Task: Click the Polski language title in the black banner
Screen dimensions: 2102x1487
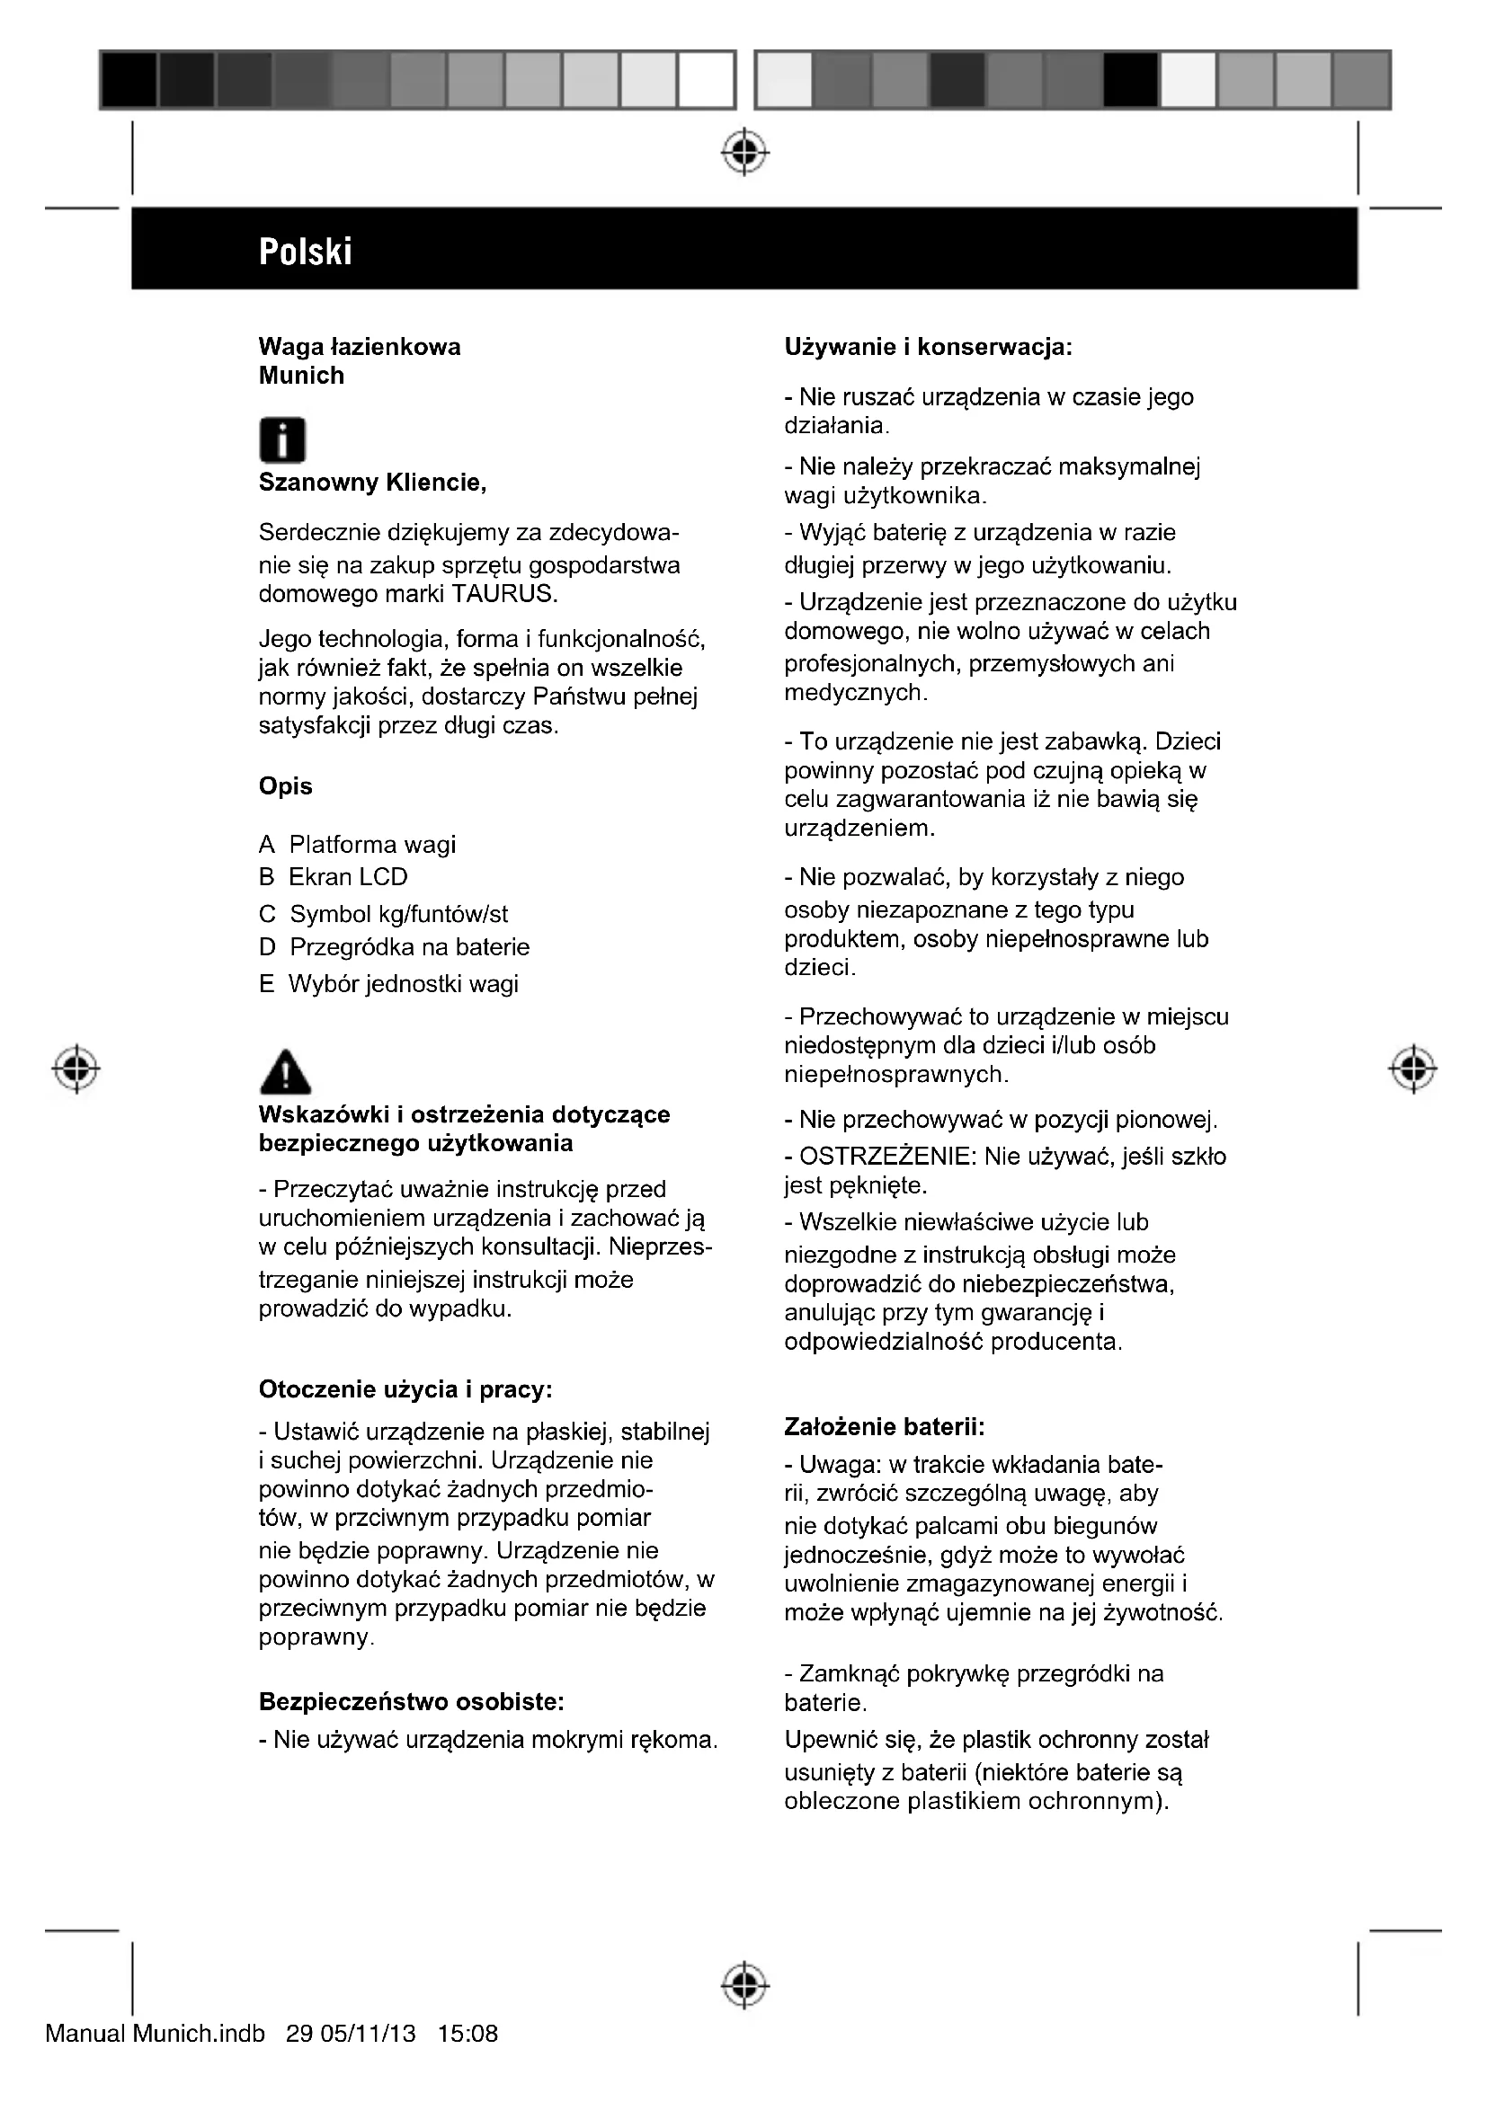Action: pyautogui.click(x=305, y=251)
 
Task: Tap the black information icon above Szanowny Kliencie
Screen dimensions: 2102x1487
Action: pyautogui.click(x=282, y=440)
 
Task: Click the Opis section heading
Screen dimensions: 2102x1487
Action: pyautogui.click(x=286, y=786)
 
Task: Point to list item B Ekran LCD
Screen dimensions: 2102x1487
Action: pyautogui.click(x=334, y=877)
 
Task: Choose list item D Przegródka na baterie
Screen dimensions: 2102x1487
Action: pyautogui.click(x=395, y=946)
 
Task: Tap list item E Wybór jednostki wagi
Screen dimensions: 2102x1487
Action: pyautogui.click(x=389, y=984)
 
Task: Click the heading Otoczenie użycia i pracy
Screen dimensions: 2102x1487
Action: pyautogui.click(x=405, y=1389)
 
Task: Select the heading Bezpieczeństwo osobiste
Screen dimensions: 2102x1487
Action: pyautogui.click(x=411, y=1702)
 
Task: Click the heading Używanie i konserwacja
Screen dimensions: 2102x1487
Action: pyautogui.click(x=929, y=347)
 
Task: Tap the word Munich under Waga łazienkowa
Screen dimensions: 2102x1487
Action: pyautogui.click(x=301, y=376)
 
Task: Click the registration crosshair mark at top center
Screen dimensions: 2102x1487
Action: pyautogui.click(x=744, y=152)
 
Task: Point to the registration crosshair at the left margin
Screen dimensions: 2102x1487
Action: pyautogui.click(x=77, y=1068)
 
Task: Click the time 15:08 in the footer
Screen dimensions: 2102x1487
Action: pyautogui.click(x=467, y=2035)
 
